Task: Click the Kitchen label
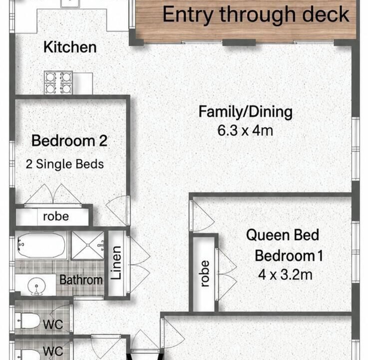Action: (x=70, y=47)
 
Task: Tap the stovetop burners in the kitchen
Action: (x=58, y=82)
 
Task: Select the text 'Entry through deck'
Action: (x=256, y=14)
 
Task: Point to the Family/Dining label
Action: (x=246, y=112)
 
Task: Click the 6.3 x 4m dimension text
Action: (x=245, y=130)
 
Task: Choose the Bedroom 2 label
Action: (x=69, y=141)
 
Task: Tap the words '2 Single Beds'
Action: (x=65, y=164)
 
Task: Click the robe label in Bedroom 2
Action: (x=56, y=216)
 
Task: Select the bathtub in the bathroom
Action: (x=41, y=245)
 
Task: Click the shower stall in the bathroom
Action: (x=87, y=245)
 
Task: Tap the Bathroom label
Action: (x=81, y=280)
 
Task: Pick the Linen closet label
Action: (x=116, y=262)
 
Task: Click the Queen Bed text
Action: (x=283, y=235)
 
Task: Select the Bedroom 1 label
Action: (x=289, y=255)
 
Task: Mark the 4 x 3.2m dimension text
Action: (x=285, y=274)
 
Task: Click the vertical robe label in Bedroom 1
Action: (x=205, y=273)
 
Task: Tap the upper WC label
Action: (x=53, y=324)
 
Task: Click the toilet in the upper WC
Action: (x=27, y=321)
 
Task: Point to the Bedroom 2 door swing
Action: (x=118, y=210)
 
